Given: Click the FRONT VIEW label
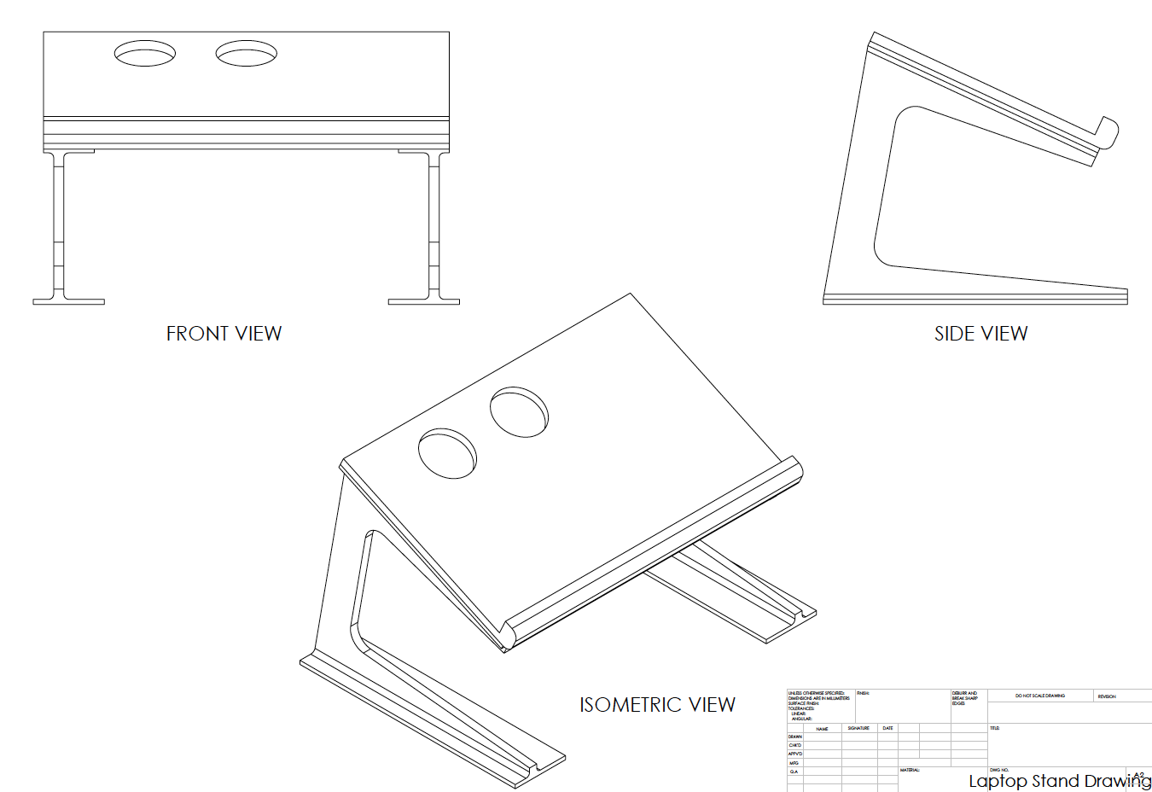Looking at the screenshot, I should [x=224, y=334].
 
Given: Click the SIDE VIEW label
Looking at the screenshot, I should [x=980, y=334].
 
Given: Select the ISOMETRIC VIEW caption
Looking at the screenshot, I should [x=657, y=705].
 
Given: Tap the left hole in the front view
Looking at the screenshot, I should [x=145, y=54].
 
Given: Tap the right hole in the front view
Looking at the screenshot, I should [x=247, y=54].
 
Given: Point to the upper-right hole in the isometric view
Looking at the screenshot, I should [x=519, y=413].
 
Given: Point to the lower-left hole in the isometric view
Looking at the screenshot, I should [x=447, y=453].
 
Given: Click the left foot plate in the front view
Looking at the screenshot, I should [x=68, y=301].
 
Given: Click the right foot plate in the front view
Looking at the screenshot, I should [x=423, y=301].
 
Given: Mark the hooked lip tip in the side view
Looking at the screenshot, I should [x=1108, y=131].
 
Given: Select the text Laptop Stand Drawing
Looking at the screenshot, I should [x=1058, y=781].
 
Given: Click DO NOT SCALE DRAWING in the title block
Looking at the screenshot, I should [x=1039, y=696].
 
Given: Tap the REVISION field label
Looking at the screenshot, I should [x=1106, y=696].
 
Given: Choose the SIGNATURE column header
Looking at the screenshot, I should [x=858, y=728].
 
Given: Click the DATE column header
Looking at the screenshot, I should [x=887, y=728].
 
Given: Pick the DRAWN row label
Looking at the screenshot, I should [x=794, y=737].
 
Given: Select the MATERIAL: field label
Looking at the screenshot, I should [x=910, y=770].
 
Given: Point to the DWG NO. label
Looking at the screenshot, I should [x=998, y=770].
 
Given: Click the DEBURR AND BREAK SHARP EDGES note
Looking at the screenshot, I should [x=964, y=698].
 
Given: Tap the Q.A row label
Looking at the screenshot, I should [x=794, y=772].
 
